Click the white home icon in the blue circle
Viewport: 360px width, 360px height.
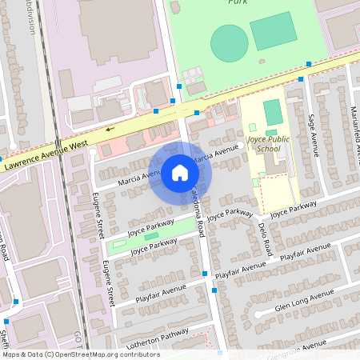(x=180, y=172)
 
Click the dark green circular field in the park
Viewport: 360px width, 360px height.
(x=229, y=42)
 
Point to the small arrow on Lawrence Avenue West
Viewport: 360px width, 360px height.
(x=109, y=127)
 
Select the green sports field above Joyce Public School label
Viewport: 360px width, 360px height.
(x=273, y=111)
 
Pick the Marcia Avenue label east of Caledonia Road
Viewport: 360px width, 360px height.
(x=217, y=152)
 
